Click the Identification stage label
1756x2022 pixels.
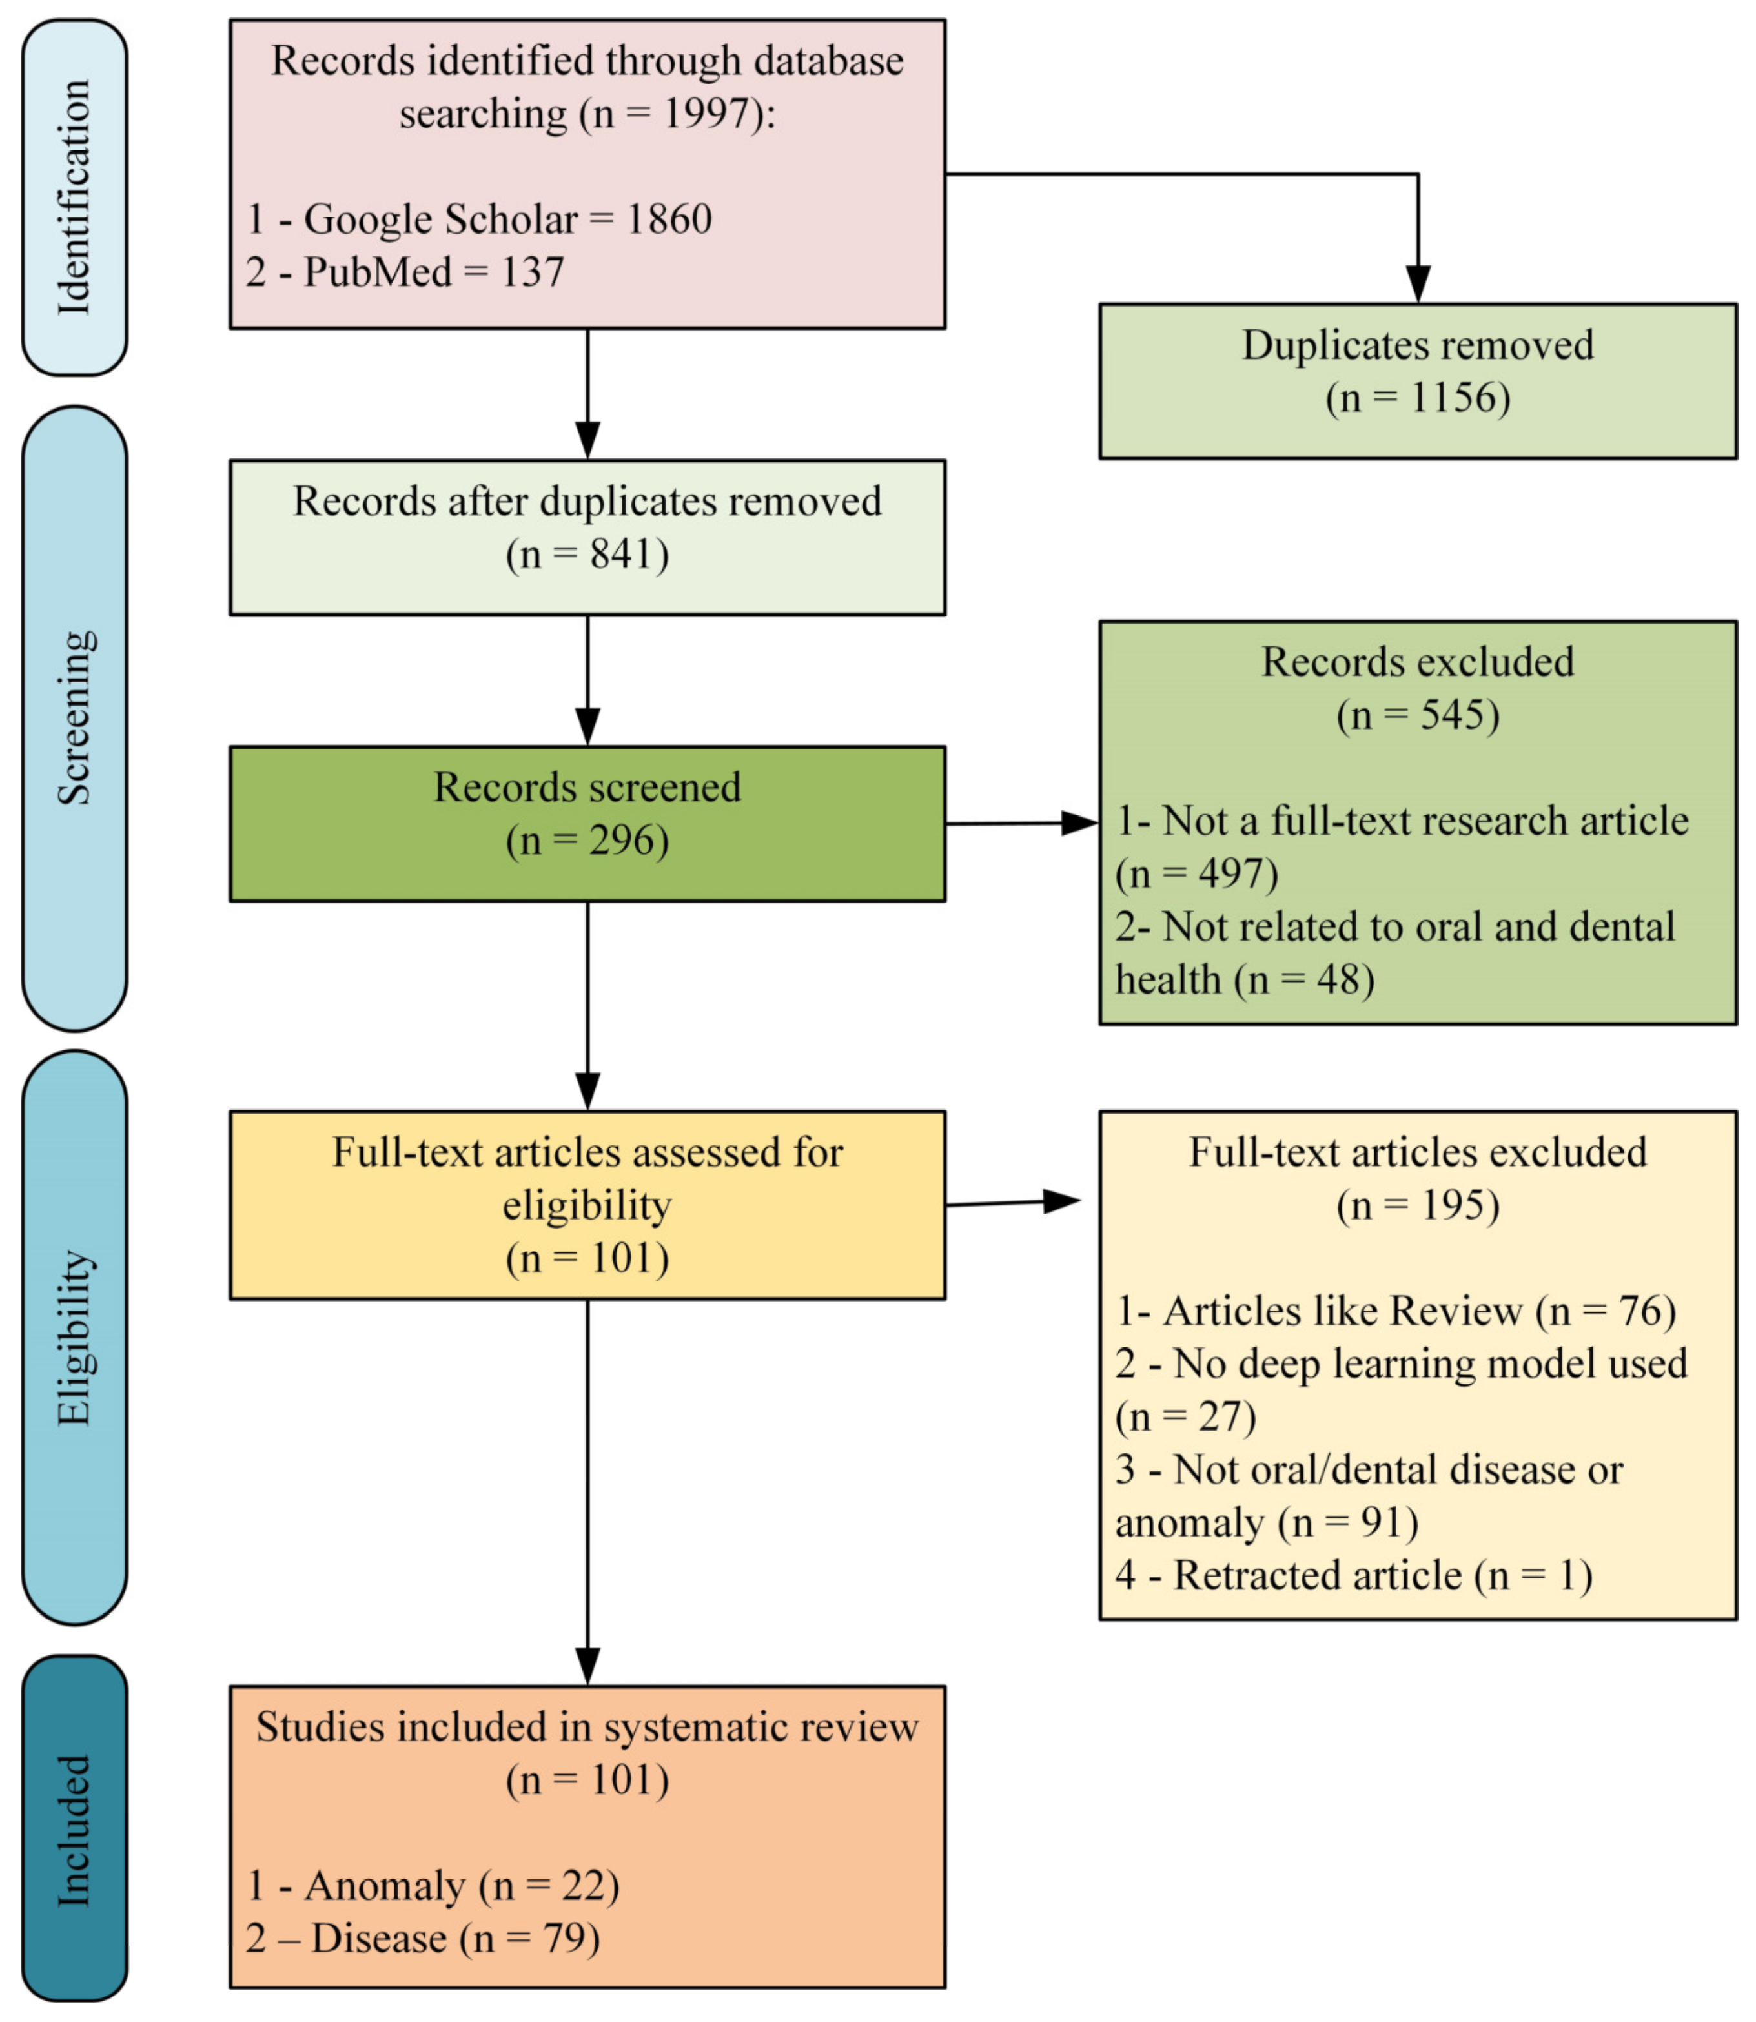(74, 197)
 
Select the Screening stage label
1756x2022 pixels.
(74, 718)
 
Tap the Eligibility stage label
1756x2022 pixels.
(74, 1338)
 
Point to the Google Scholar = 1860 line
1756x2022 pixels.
(479, 218)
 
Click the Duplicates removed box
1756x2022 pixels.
(1417, 380)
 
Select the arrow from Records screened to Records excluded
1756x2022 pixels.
(1019, 823)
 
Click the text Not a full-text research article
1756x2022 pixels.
(1425, 821)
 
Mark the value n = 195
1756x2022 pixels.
(1417, 1205)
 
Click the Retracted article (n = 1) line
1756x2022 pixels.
(1353, 1575)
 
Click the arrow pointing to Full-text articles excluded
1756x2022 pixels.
(1014, 1202)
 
